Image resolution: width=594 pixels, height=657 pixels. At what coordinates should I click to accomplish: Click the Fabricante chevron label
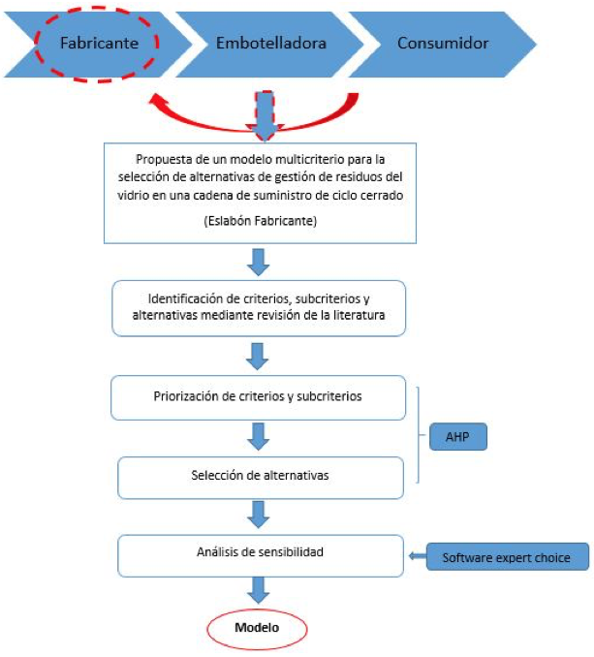point(99,44)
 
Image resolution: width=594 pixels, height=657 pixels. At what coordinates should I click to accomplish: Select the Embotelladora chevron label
point(271,44)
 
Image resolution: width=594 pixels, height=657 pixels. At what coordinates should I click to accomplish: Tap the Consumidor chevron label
point(443,44)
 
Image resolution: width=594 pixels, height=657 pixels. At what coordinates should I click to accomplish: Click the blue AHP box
point(458,437)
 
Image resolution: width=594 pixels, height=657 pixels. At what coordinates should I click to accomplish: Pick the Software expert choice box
point(508,557)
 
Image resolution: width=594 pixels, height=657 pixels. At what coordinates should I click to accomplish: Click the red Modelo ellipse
point(257,629)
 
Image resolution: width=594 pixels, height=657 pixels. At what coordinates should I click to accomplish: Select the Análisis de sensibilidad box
point(261,555)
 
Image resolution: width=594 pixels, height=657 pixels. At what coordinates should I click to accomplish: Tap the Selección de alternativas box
point(261,478)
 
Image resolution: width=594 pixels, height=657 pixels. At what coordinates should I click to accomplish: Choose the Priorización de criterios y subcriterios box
point(258,397)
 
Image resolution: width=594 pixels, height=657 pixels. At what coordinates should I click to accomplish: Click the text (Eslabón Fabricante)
point(260,221)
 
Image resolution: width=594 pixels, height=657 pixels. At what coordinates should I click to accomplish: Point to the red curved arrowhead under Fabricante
point(157,101)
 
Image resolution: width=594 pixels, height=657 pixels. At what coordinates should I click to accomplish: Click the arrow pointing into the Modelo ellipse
point(258,590)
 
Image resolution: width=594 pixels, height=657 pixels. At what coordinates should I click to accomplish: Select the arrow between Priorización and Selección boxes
point(258,437)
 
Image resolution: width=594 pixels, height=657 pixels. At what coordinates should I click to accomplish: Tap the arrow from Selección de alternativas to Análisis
point(258,515)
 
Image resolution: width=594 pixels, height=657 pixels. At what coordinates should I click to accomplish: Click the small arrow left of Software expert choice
point(418,556)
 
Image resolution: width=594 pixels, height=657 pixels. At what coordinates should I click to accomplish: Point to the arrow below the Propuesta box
point(258,263)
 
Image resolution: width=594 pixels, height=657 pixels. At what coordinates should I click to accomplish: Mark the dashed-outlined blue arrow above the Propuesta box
point(265,115)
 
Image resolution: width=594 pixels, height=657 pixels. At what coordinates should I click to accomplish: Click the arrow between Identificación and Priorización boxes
point(257,357)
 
